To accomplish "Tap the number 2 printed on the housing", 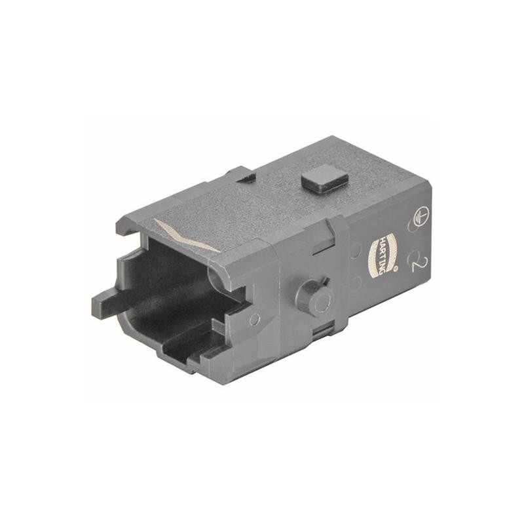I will click(416, 263).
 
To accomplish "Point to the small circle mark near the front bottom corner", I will click(254, 318).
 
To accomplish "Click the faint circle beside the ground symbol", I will click(413, 227).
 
